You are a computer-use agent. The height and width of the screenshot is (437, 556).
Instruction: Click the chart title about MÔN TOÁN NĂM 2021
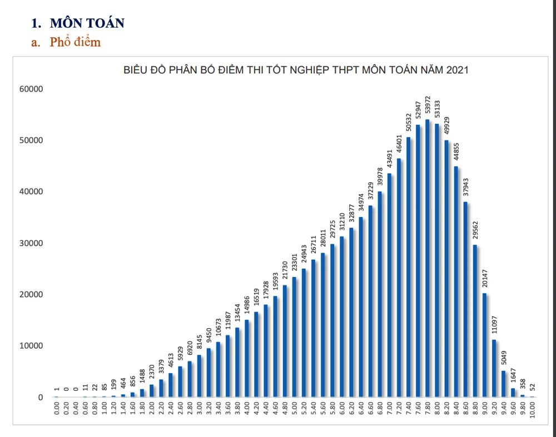pyautogui.click(x=296, y=70)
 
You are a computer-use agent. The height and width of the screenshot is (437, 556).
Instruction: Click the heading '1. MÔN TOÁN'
pyautogui.click(x=78, y=23)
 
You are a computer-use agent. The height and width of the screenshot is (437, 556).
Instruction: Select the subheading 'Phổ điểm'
pyautogui.click(x=75, y=42)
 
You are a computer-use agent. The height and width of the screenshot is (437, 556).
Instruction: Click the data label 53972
pyautogui.click(x=427, y=106)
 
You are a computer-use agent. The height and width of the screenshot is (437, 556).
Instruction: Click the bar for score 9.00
pyautogui.click(x=484, y=345)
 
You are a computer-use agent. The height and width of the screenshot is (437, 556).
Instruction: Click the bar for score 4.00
pyautogui.click(x=246, y=359)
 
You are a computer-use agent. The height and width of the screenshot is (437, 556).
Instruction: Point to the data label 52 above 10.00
pyautogui.click(x=532, y=388)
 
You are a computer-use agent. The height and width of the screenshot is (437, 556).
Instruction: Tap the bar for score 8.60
pyautogui.click(x=465, y=299)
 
